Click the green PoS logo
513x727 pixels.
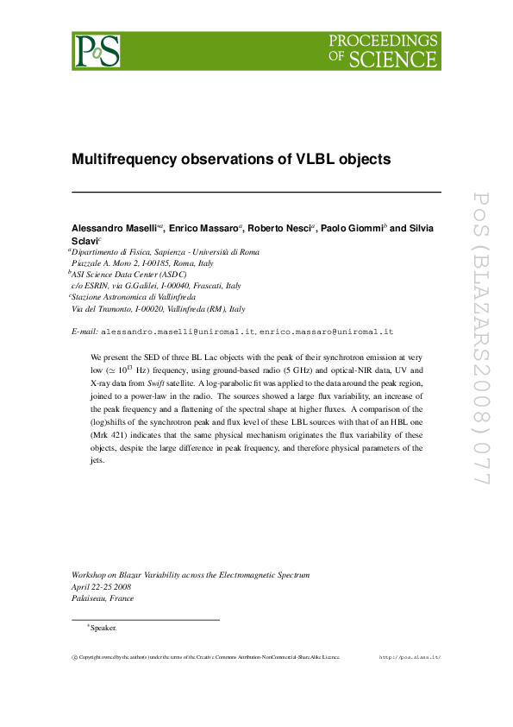(x=96, y=51)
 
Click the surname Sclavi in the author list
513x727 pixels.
(x=84, y=240)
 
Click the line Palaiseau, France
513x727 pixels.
(x=103, y=598)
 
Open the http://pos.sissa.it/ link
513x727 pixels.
(x=410, y=657)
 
